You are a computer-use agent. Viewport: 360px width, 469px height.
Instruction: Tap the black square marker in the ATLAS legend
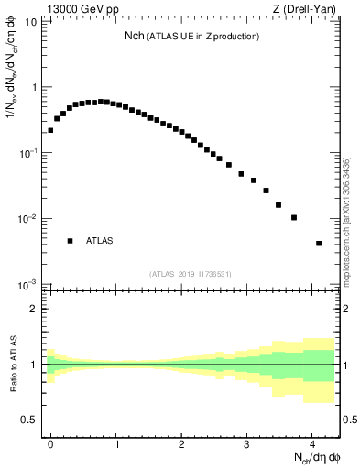(70, 241)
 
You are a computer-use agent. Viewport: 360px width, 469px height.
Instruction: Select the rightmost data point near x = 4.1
(319, 244)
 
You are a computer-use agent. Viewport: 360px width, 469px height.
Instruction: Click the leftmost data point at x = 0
(50, 130)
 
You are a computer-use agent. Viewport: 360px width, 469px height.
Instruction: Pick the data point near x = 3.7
(294, 217)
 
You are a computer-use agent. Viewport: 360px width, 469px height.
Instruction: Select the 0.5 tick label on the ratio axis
(32, 420)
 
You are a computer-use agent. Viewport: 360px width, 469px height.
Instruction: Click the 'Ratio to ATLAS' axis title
(12, 365)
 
